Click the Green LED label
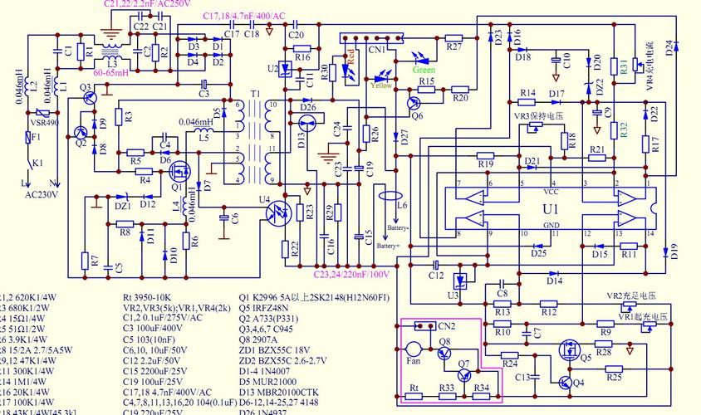(424, 71)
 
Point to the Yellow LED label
(382, 85)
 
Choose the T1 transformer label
(255, 93)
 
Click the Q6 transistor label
(417, 115)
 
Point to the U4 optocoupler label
(264, 199)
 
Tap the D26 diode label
(307, 107)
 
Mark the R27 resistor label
(453, 47)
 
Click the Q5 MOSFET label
(586, 358)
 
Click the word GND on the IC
(551, 226)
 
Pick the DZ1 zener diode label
(122, 206)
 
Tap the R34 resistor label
(481, 388)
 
